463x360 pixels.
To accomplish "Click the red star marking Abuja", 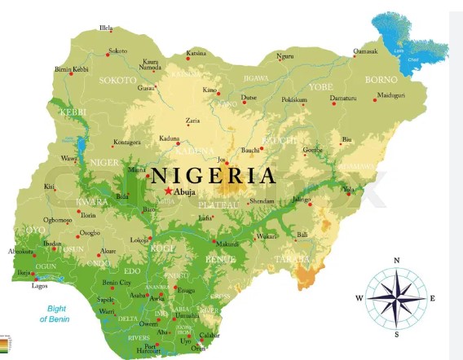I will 168,191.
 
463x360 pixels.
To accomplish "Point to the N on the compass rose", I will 396,261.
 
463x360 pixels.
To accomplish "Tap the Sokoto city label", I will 118,50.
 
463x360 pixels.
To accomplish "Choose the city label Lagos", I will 40,286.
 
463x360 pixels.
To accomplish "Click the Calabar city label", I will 210,336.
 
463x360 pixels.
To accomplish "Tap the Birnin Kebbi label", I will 71,70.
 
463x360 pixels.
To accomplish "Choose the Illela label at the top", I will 106,29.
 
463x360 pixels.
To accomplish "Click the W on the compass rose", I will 358,298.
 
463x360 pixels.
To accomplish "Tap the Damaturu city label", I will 342,98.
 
